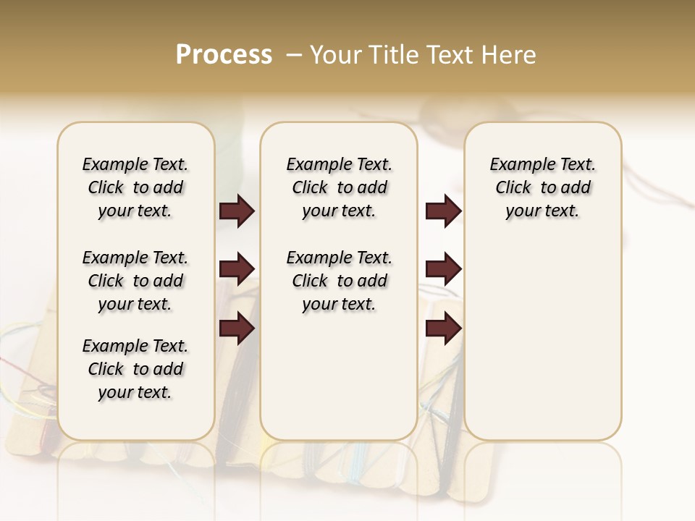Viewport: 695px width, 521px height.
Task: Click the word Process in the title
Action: [224, 55]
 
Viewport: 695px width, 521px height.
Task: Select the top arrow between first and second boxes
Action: [237, 211]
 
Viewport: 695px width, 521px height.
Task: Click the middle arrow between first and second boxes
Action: [237, 269]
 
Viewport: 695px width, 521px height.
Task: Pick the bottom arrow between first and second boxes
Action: [237, 329]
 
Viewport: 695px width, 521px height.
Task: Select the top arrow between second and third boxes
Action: [443, 211]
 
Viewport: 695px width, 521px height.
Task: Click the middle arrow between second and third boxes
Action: [443, 269]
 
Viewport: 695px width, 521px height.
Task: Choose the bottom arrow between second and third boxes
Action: [443, 329]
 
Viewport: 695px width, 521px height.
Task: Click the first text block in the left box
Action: [135, 187]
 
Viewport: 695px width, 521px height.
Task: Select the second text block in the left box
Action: [135, 281]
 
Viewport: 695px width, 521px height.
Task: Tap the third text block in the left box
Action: [135, 369]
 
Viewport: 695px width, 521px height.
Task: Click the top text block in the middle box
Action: [339, 187]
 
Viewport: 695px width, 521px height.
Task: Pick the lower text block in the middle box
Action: [339, 281]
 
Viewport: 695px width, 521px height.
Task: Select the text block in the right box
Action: [542, 187]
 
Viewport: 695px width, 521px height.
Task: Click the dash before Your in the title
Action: [294, 55]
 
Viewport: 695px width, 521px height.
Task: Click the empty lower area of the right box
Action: [542, 347]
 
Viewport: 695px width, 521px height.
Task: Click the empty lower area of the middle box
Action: [339, 376]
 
